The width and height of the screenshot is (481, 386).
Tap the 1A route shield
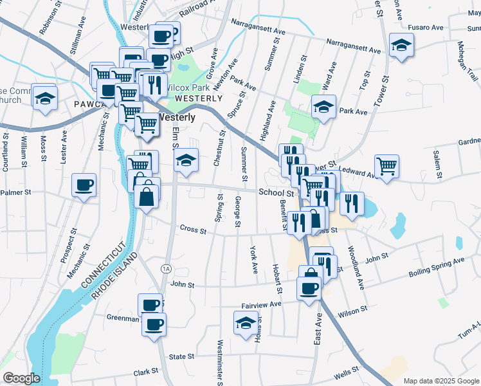(167, 268)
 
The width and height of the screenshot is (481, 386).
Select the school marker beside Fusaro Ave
(402, 46)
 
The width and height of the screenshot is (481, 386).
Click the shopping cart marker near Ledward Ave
(386, 166)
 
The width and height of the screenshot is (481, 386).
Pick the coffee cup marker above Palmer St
(84, 185)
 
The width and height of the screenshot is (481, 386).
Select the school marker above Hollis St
(245, 324)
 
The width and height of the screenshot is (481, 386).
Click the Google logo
(21, 378)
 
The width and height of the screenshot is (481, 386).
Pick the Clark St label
(145, 372)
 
